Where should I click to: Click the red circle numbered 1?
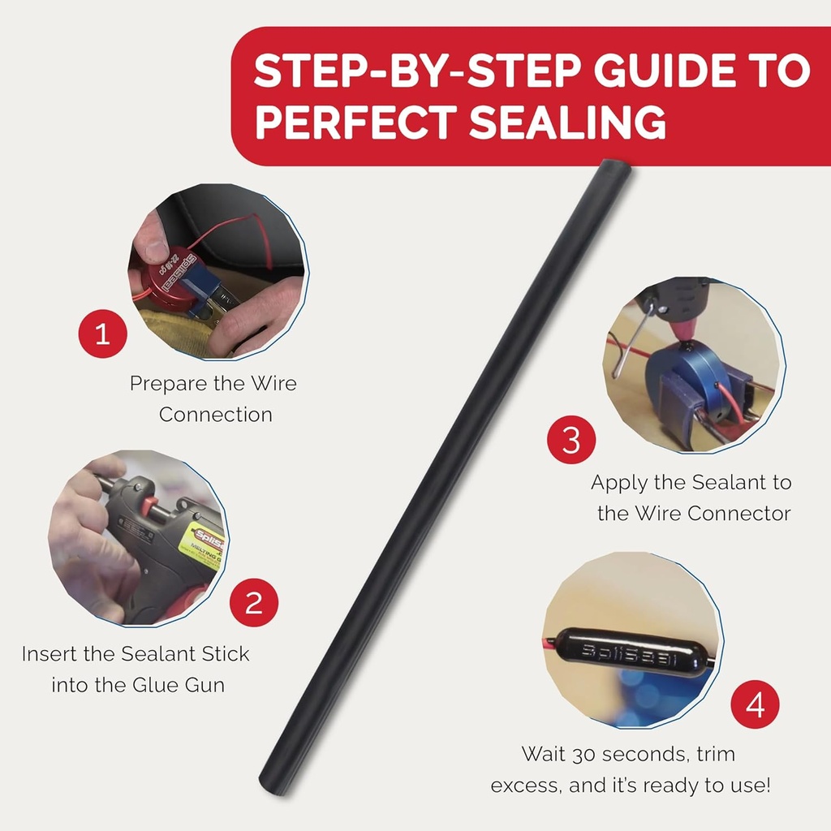coord(102,334)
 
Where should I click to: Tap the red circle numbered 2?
coord(254,602)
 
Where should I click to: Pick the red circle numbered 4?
coord(756,704)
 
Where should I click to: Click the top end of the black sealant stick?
coord(614,169)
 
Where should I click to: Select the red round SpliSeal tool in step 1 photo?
coord(171,280)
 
